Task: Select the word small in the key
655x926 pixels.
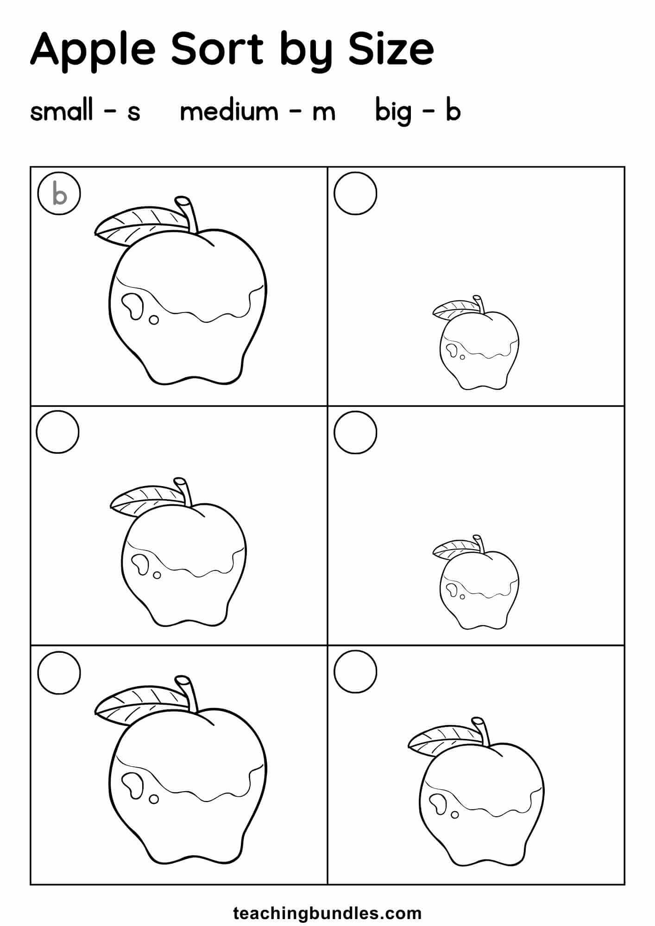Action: [62, 111]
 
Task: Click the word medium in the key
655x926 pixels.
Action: [229, 111]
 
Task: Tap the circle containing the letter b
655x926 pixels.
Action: [59, 194]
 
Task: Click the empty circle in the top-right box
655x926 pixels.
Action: [355, 193]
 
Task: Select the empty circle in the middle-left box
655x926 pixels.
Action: [57, 432]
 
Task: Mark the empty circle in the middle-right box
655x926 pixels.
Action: [355, 432]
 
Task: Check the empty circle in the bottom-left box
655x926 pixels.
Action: [59, 672]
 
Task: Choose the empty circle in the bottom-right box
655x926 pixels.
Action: [355, 671]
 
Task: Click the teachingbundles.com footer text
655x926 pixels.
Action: [327, 900]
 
